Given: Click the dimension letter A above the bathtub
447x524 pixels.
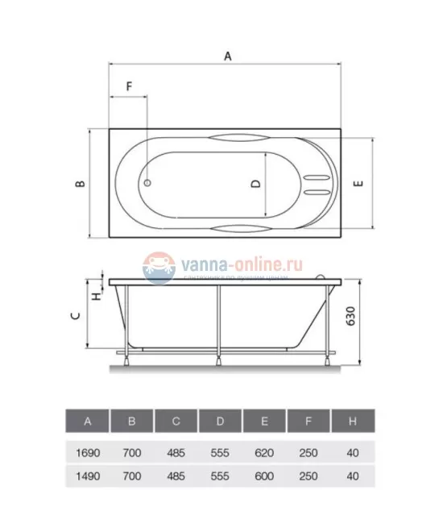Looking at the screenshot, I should pyautogui.click(x=228, y=56).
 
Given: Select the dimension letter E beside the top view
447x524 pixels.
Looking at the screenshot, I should pyautogui.click(x=358, y=183).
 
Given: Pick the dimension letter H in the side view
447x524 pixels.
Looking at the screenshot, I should pyautogui.click(x=97, y=296).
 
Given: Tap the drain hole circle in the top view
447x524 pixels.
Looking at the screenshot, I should pyautogui.click(x=147, y=182).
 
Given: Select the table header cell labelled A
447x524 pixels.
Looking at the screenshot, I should pyautogui.click(x=88, y=421).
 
